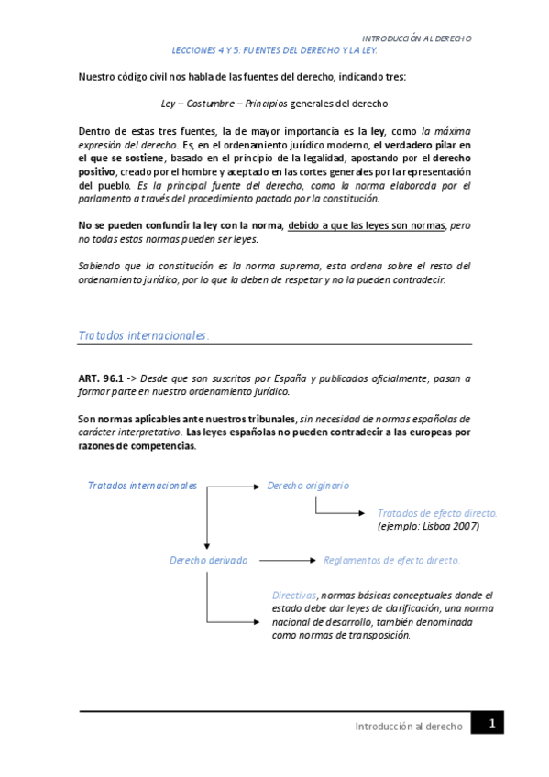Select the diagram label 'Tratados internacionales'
(x=142, y=486)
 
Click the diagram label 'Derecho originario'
(x=308, y=486)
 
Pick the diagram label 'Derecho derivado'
(x=208, y=560)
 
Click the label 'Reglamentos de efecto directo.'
(x=391, y=560)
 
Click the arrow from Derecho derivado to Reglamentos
(x=285, y=560)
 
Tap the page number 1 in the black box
(x=491, y=724)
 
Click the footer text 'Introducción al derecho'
(x=408, y=726)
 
